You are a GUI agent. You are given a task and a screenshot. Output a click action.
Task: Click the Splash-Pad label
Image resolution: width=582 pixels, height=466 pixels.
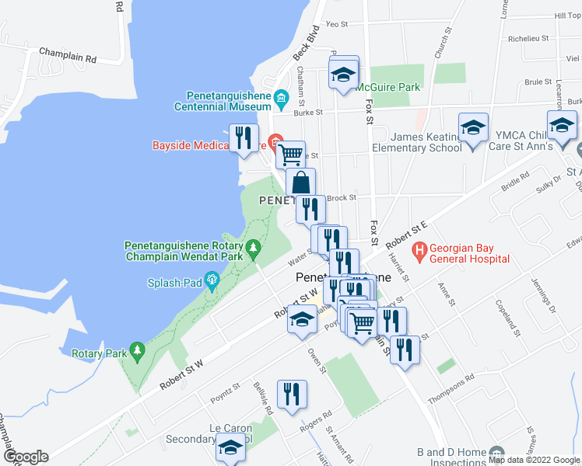(x=175, y=284)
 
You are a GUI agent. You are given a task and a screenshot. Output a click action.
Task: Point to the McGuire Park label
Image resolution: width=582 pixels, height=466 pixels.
(x=388, y=87)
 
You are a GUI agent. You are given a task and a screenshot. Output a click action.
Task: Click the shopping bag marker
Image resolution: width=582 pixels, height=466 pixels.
(x=300, y=184)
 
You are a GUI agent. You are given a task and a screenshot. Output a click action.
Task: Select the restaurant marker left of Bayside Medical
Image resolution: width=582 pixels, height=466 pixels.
(x=244, y=138)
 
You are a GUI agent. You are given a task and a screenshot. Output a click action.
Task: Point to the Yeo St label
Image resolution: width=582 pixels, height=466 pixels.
(x=336, y=24)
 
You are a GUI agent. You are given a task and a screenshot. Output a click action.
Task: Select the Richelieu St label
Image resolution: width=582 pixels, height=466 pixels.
(x=528, y=37)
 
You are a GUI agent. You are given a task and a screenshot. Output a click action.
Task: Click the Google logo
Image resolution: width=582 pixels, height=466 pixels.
(x=25, y=457)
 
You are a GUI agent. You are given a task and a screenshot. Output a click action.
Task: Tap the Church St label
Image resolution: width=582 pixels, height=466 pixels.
(x=443, y=44)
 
